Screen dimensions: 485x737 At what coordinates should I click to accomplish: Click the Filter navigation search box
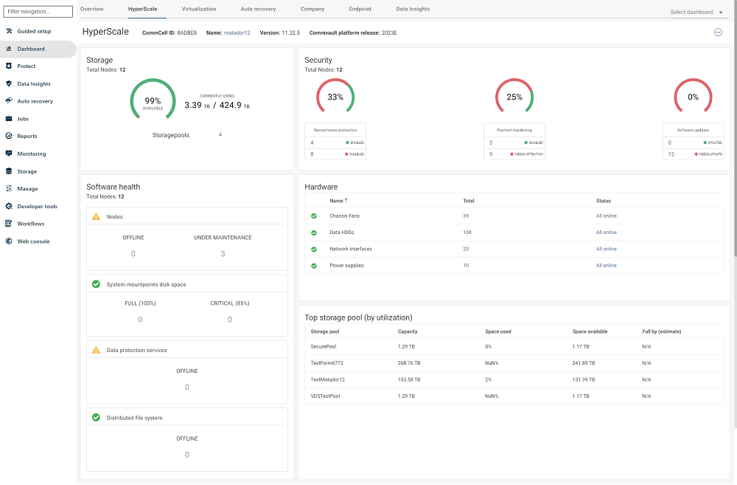click(x=38, y=12)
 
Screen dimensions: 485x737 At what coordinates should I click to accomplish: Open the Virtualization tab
click(x=199, y=9)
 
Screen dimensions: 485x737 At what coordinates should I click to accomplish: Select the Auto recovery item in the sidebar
click(x=35, y=101)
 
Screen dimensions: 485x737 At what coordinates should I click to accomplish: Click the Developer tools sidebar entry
click(x=37, y=207)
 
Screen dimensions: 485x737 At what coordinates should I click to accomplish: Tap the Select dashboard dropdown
click(x=696, y=12)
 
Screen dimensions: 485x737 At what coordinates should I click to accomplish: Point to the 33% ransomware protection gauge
click(x=335, y=97)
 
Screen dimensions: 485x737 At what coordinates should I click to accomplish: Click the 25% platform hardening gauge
click(x=514, y=97)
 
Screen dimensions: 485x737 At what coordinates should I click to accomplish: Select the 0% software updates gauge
click(x=693, y=97)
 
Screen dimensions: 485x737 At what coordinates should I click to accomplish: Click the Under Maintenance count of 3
click(x=223, y=254)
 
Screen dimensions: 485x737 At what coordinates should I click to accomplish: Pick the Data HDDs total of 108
click(x=467, y=233)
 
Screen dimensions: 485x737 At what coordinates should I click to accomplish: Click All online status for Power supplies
click(x=606, y=266)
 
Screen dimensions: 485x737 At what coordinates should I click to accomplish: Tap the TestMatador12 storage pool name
click(x=328, y=379)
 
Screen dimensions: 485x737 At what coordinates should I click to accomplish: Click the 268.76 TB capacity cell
click(x=409, y=363)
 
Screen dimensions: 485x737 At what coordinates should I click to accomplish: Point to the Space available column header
click(x=590, y=331)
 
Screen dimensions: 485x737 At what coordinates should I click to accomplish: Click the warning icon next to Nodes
click(x=96, y=217)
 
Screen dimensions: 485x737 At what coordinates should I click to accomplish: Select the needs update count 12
click(x=671, y=154)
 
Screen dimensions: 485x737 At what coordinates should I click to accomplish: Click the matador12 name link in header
click(x=237, y=32)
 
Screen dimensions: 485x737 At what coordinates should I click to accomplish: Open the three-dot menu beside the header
click(x=718, y=32)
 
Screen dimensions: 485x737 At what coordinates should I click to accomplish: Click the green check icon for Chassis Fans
click(x=314, y=216)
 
